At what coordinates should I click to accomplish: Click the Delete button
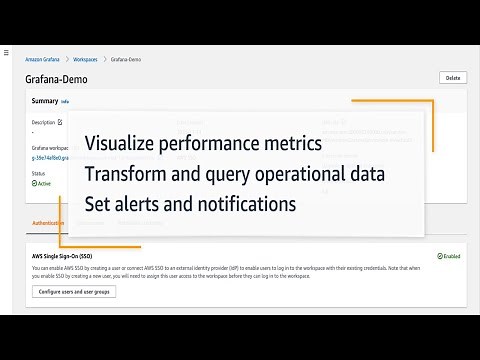[x=452, y=77]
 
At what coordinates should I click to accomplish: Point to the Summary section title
[x=44, y=101]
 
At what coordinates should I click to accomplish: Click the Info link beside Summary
[x=65, y=102]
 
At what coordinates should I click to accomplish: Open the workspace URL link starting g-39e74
[x=49, y=156]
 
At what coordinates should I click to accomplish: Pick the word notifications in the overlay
[x=249, y=204]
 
